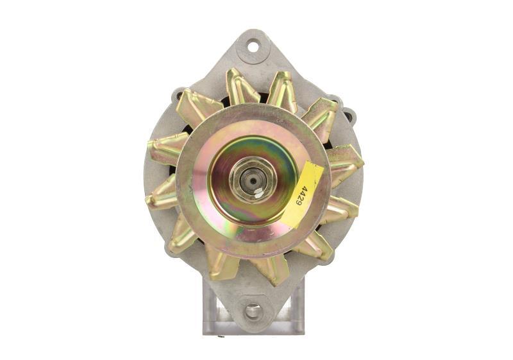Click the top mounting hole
pyautogui.click(x=253, y=47)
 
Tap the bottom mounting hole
pyautogui.click(x=253, y=311)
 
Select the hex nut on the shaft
pyautogui.click(x=253, y=180)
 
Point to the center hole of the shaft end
pyautogui.click(x=253, y=180)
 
